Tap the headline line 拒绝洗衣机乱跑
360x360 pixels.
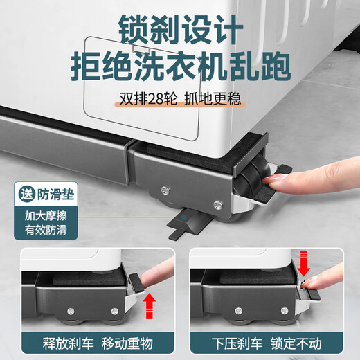(x=179, y=67)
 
